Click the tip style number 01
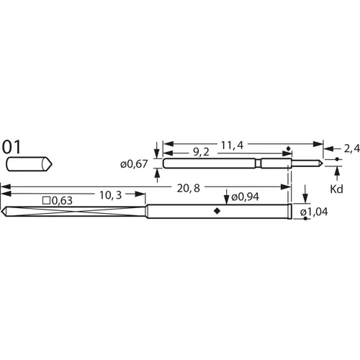(12, 146)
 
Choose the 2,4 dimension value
(351, 148)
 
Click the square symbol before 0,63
(47, 200)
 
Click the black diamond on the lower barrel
(217, 211)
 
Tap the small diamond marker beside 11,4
(288, 149)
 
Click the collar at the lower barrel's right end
(289, 211)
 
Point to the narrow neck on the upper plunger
(257, 163)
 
